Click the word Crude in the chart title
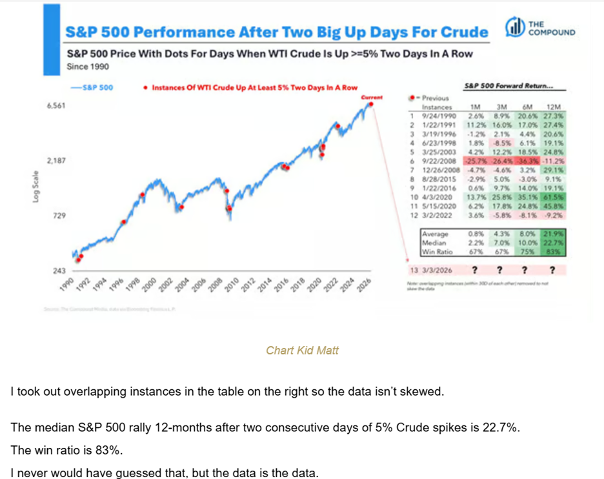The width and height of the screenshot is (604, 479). (463, 32)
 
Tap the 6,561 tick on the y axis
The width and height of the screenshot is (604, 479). (57, 106)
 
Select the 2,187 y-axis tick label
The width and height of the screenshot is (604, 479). (57, 159)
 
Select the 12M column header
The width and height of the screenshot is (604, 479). (552, 106)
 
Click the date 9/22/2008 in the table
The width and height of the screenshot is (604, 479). (440, 161)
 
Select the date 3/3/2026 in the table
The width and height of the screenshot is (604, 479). (439, 270)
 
